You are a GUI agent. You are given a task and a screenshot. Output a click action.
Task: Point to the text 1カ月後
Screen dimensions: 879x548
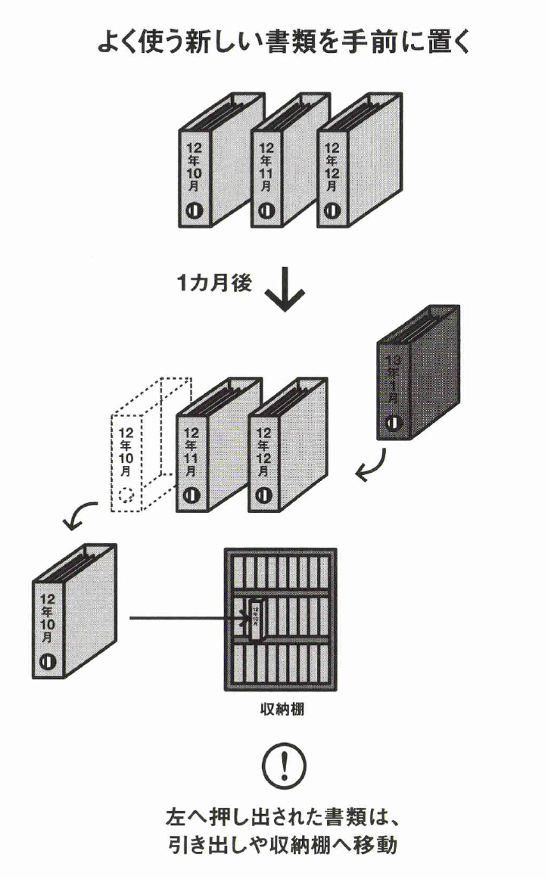pos(214,284)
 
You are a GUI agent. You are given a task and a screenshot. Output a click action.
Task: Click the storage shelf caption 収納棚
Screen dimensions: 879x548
pos(281,711)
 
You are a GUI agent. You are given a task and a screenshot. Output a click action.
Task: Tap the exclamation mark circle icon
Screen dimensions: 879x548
pos(284,764)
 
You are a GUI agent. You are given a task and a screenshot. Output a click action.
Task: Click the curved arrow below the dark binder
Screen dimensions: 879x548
pos(373,466)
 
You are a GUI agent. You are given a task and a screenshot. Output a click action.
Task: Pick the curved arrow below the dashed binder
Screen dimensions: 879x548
pos(80,516)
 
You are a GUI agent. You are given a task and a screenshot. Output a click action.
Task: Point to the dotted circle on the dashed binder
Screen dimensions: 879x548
pos(127,497)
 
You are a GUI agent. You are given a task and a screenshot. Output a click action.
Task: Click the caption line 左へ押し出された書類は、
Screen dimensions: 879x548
pos(281,818)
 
